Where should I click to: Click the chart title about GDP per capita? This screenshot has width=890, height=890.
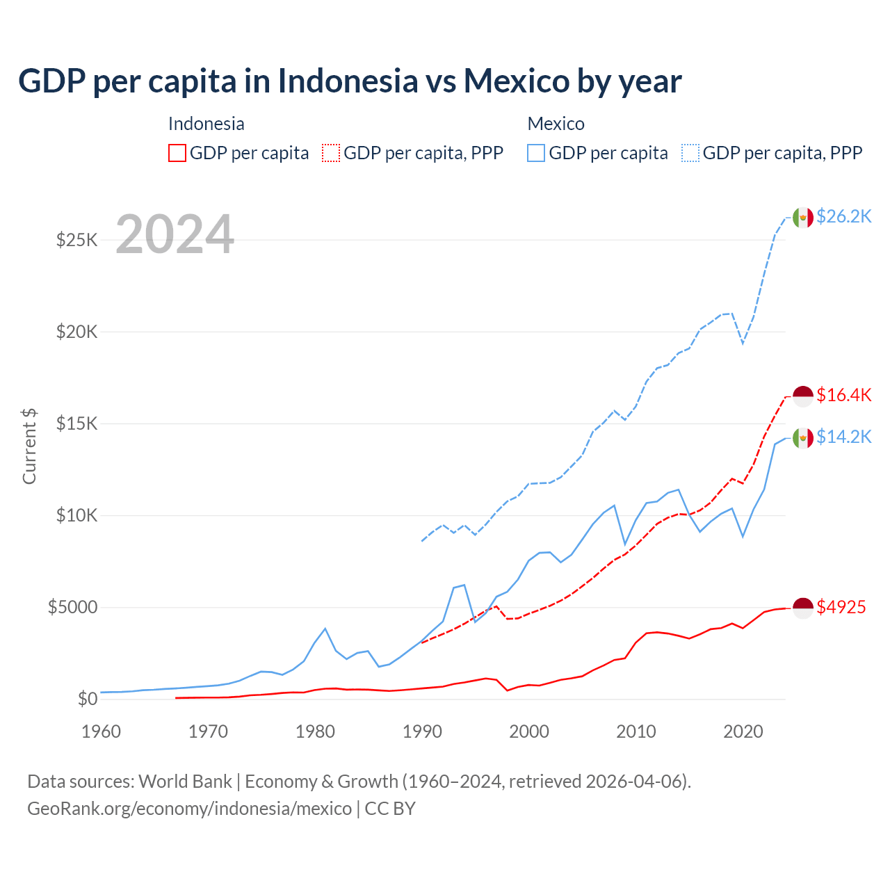[x=350, y=81]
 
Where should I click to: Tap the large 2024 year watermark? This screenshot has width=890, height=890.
[x=175, y=235]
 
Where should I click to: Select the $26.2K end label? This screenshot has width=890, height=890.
[x=843, y=216]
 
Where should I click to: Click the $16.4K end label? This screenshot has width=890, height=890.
[x=843, y=395]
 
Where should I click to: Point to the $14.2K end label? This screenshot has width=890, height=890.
[x=843, y=437]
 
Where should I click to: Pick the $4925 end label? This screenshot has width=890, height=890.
[x=841, y=607]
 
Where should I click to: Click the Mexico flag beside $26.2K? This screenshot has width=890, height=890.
[x=803, y=218]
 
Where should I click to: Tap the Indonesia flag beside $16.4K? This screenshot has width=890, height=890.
[x=803, y=396]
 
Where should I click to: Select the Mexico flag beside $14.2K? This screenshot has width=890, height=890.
[x=803, y=438]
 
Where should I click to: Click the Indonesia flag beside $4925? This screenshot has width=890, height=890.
[x=803, y=608]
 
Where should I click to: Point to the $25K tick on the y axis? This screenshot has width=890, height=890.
[x=76, y=241]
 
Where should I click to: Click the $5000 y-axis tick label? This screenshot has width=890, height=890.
[x=72, y=608]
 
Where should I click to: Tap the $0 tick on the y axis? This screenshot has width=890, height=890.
[x=87, y=699]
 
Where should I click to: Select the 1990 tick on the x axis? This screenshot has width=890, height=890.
[x=422, y=731]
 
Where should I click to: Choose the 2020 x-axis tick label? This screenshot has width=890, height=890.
[x=743, y=731]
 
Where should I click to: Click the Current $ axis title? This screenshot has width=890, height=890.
[x=29, y=446]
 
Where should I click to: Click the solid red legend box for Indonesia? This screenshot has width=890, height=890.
[x=177, y=153]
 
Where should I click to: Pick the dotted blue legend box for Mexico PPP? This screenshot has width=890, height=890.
[x=690, y=153]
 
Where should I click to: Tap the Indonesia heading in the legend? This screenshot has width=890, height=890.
[x=207, y=124]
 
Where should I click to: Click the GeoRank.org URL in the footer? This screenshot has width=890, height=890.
[x=189, y=809]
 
